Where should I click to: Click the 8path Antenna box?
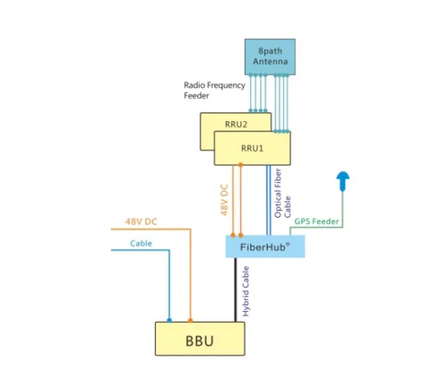[x=269, y=56]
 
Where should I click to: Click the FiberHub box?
[x=264, y=246]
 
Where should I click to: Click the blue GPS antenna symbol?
[x=341, y=181]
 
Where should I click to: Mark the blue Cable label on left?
[x=141, y=243]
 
